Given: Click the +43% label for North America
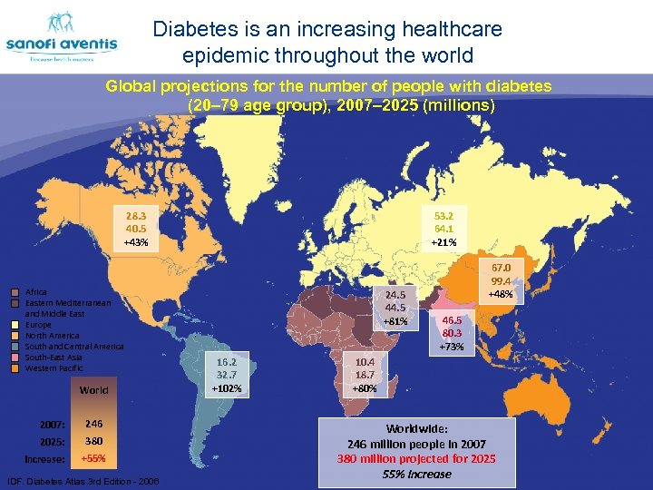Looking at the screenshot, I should (137, 243).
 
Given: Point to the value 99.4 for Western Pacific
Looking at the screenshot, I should (501, 281).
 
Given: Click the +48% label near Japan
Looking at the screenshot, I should (501, 295).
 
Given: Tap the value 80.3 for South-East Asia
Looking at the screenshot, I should (453, 333).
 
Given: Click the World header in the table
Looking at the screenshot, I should (93, 390).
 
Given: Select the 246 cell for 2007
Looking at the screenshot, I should (93, 423).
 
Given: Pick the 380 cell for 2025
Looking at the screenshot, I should (93, 441).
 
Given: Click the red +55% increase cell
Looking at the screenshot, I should (93, 459).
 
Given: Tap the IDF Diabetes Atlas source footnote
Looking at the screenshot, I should (83, 481).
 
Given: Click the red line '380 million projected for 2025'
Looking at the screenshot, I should (416, 458).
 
